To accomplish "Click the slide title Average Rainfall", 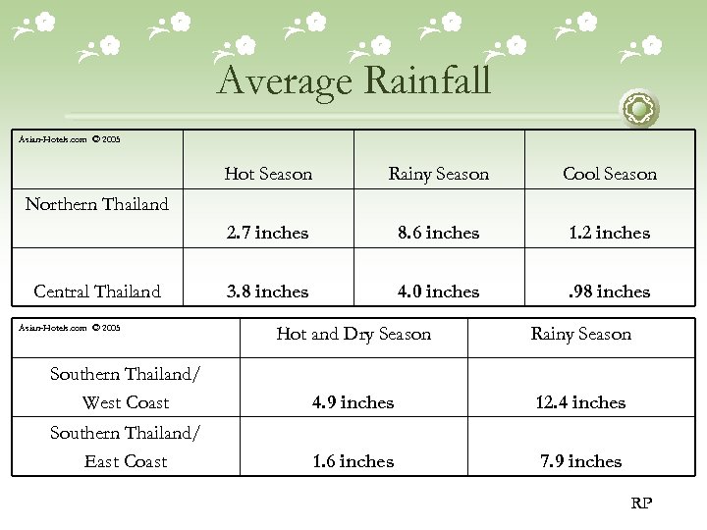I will pyautogui.click(x=353, y=80).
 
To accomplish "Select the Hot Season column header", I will pyautogui.click(x=268, y=174).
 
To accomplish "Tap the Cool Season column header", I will pyautogui.click(x=609, y=174).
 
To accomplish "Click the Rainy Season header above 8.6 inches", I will pyautogui.click(x=438, y=174).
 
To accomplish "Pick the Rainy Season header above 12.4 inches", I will pyautogui.click(x=580, y=334).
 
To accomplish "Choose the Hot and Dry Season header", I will pyautogui.click(x=353, y=334).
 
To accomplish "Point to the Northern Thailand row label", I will pyautogui.click(x=96, y=204).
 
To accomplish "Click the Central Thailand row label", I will pyautogui.click(x=96, y=291).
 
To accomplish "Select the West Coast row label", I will pyautogui.click(x=125, y=402).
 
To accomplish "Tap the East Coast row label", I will pyautogui.click(x=125, y=461).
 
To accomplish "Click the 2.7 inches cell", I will pyautogui.click(x=268, y=233).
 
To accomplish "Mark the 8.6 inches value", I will pyautogui.click(x=438, y=233).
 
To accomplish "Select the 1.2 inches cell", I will pyautogui.click(x=609, y=233).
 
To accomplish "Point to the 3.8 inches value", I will pyautogui.click(x=268, y=291).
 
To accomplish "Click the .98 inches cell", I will pyautogui.click(x=609, y=291).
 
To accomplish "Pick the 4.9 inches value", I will pyautogui.click(x=353, y=402).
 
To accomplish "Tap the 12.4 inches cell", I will pyautogui.click(x=580, y=402).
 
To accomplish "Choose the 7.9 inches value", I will pyautogui.click(x=580, y=461).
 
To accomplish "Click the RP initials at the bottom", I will pyautogui.click(x=640, y=503).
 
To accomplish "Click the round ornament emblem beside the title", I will pyautogui.click(x=640, y=108).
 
